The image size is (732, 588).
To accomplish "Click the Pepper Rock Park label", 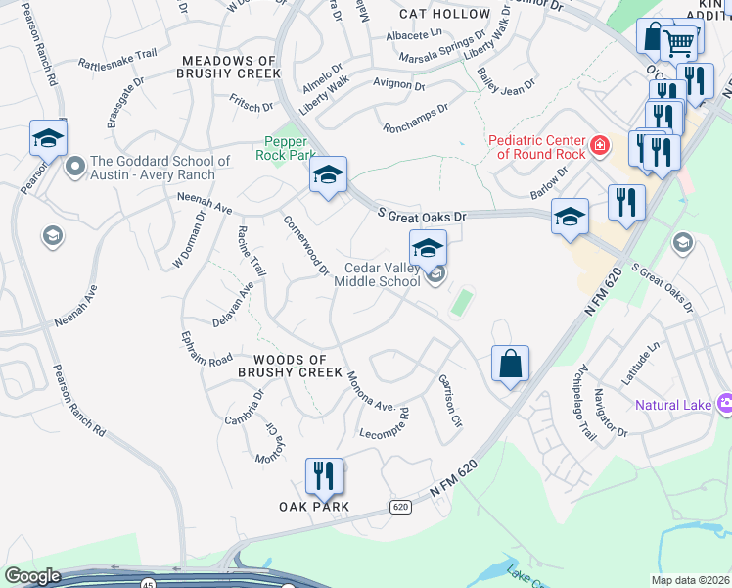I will point(285,148).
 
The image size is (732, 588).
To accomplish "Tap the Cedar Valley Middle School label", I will point(377,274).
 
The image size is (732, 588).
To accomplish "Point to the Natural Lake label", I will point(674,404).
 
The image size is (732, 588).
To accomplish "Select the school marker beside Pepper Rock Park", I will point(328,175).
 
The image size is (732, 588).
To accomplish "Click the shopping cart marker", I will point(680,42).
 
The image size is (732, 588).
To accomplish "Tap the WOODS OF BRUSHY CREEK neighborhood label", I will point(291,367).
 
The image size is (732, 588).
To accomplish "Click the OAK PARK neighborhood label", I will point(314,507).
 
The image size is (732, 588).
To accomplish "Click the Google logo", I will point(33,576).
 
